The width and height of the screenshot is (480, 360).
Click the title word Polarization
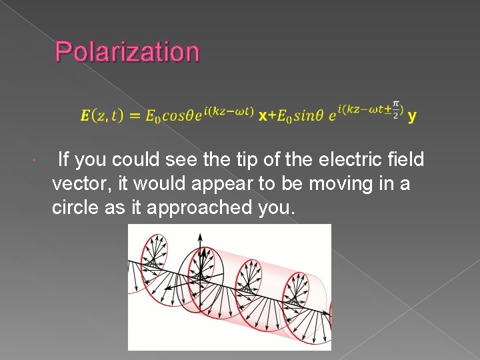pyautogui.click(x=127, y=51)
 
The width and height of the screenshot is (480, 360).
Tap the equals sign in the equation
pyautogui.click(x=134, y=115)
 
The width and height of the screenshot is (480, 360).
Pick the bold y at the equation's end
pyautogui.click(x=412, y=115)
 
